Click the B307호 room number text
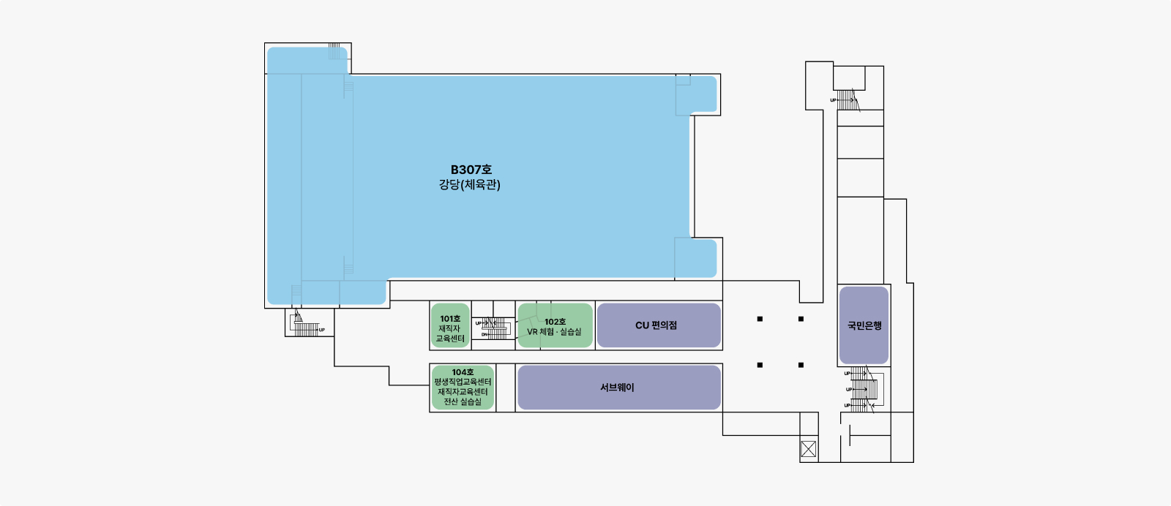pyautogui.click(x=471, y=170)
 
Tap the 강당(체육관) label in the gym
pyautogui.click(x=470, y=185)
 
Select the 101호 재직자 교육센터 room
pyautogui.click(x=450, y=326)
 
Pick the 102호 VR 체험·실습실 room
pyautogui.click(x=555, y=326)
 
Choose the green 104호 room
pyautogui.click(x=463, y=388)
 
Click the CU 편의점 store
pyautogui.click(x=659, y=325)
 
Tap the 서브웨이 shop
pyautogui.click(x=618, y=388)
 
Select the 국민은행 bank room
pyautogui.click(x=864, y=325)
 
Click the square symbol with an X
pyautogui.click(x=808, y=449)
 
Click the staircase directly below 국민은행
pyautogui.click(x=864, y=390)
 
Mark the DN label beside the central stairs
pyautogui.click(x=484, y=334)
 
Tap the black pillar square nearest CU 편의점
pyautogui.click(x=760, y=319)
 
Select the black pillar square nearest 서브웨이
pyautogui.click(x=760, y=365)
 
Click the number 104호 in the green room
pyautogui.click(x=463, y=372)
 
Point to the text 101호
pyautogui.click(x=450, y=319)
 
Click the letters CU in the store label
pyautogui.click(x=642, y=325)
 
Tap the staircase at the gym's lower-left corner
pyautogui.click(x=306, y=325)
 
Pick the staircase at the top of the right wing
pyautogui.click(x=848, y=100)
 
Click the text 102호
pyautogui.click(x=555, y=322)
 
